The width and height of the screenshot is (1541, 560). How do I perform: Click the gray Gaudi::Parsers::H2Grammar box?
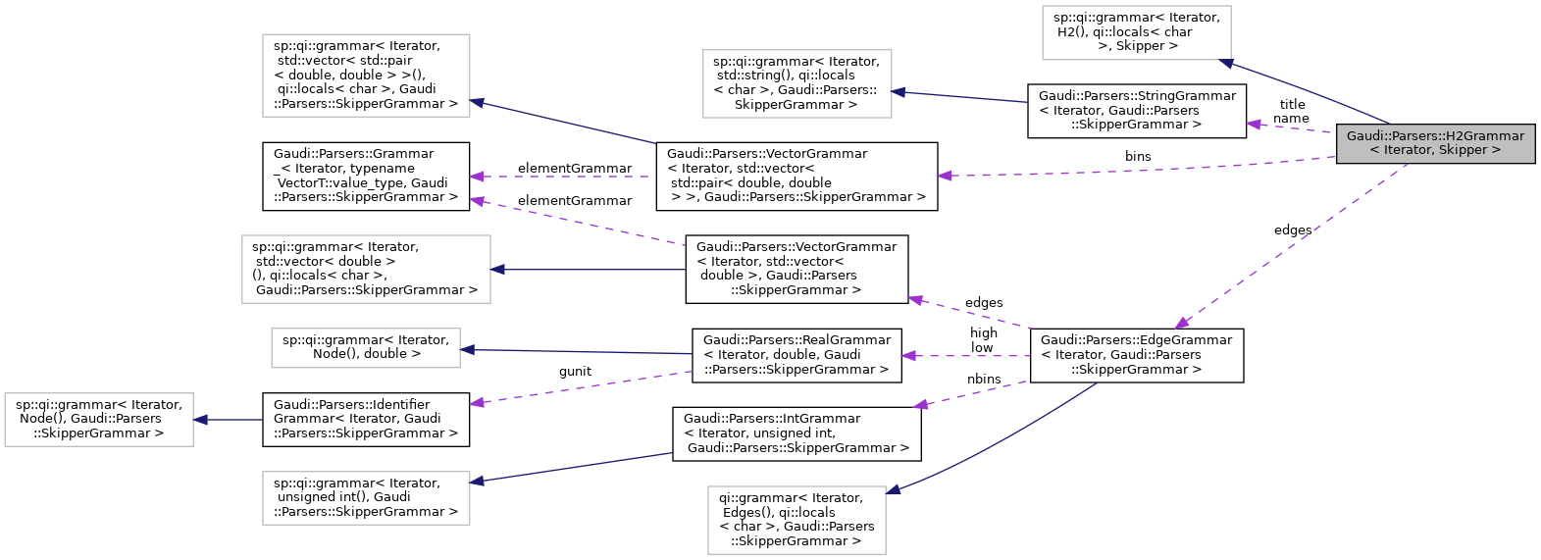pyautogui.click(x=1435, y=143)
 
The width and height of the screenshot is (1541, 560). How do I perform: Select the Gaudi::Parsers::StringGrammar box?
pyautogui.click(x=1136, y=110)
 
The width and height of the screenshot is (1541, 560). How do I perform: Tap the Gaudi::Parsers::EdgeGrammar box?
pyautogui.click(x=1136, y=355)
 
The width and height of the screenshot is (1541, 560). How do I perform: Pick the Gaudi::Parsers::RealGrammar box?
pyautogui.click(x=796, y=355)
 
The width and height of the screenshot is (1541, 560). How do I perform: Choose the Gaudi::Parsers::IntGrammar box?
pyautogui.click(x=796, y=433)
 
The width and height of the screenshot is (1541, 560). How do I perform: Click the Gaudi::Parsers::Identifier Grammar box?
pyautogui.click(x=365, y=419)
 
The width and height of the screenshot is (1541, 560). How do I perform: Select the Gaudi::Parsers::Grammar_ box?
pyautogui.click(x=365, y=176)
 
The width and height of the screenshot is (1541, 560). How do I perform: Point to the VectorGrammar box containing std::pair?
pyautogui.click(x=796, y=176)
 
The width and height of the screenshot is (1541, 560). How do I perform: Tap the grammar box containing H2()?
pyautogui.click(x=1136, y=31)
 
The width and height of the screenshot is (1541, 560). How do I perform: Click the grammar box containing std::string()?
pyautogui.click(x=796, y=83)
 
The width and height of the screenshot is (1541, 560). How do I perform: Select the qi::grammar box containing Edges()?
pyautogui.click(x=796, y=519)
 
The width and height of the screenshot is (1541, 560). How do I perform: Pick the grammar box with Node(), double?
pyautogui.click(x=365, y=347)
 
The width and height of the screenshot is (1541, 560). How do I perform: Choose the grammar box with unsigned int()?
pyautogui.click(x=365, y=497)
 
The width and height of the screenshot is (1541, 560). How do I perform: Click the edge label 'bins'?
pyautogui.click(x=1138, y=156)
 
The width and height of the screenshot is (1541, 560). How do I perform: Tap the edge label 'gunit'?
pyautogui.click(x=575, y=371)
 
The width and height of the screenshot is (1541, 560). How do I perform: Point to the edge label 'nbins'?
pyautogui.click(x=984, y=379)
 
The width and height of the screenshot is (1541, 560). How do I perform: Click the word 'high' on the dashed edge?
pyautogui.click(x=984, y=332)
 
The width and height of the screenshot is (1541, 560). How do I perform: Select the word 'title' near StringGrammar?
pyautogui.click(x=1292, y=104)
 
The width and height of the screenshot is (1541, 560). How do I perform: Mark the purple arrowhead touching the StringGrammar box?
pyautogui.click(x=1253, y=125)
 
